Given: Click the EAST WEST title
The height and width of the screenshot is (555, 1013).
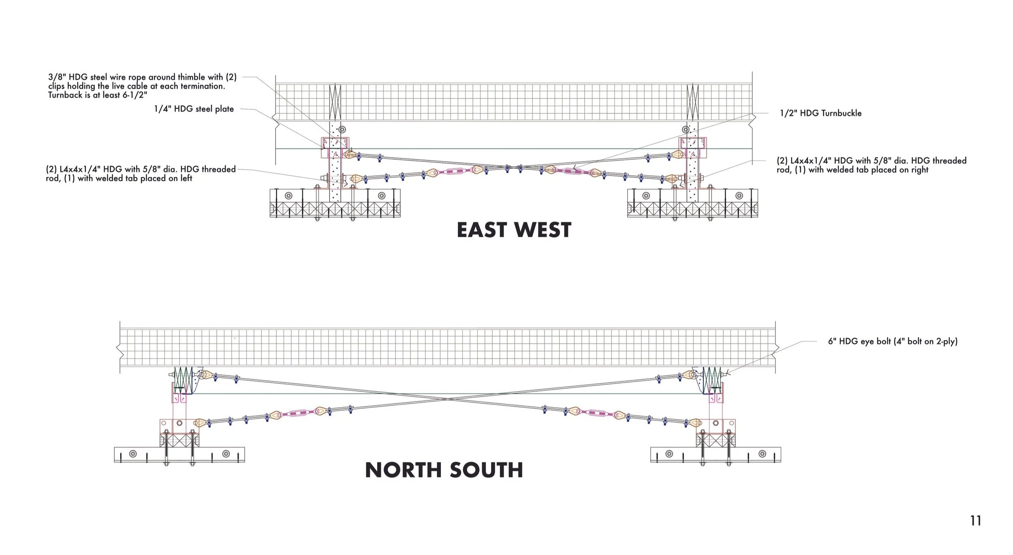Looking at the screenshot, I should click(x=514, y=230).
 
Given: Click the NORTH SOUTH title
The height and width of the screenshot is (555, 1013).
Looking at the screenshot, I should click(x=444, y=470).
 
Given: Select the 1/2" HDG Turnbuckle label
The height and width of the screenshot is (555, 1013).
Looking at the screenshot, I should click(x=821, y=113).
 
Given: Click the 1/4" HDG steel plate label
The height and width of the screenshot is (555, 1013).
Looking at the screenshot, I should click(x=194, y=109).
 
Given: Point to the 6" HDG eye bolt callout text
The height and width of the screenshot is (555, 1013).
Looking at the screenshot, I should click(x=893, y=341).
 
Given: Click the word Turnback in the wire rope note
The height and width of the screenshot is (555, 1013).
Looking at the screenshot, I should click(x=64, y=95).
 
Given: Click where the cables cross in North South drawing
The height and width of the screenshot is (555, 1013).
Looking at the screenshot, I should click(x=447, y=399).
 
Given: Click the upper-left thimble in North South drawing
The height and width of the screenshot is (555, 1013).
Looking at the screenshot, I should click(x=205, y=375).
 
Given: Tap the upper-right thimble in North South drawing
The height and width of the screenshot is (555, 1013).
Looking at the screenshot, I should click(x=688, y=375).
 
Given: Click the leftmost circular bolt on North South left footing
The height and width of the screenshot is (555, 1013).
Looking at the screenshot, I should click(x=133, y=453).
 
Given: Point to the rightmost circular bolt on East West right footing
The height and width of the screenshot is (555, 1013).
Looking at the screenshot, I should click(x=739, y=196).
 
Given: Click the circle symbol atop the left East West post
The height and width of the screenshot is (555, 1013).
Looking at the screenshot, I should click(x=342, y=130).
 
